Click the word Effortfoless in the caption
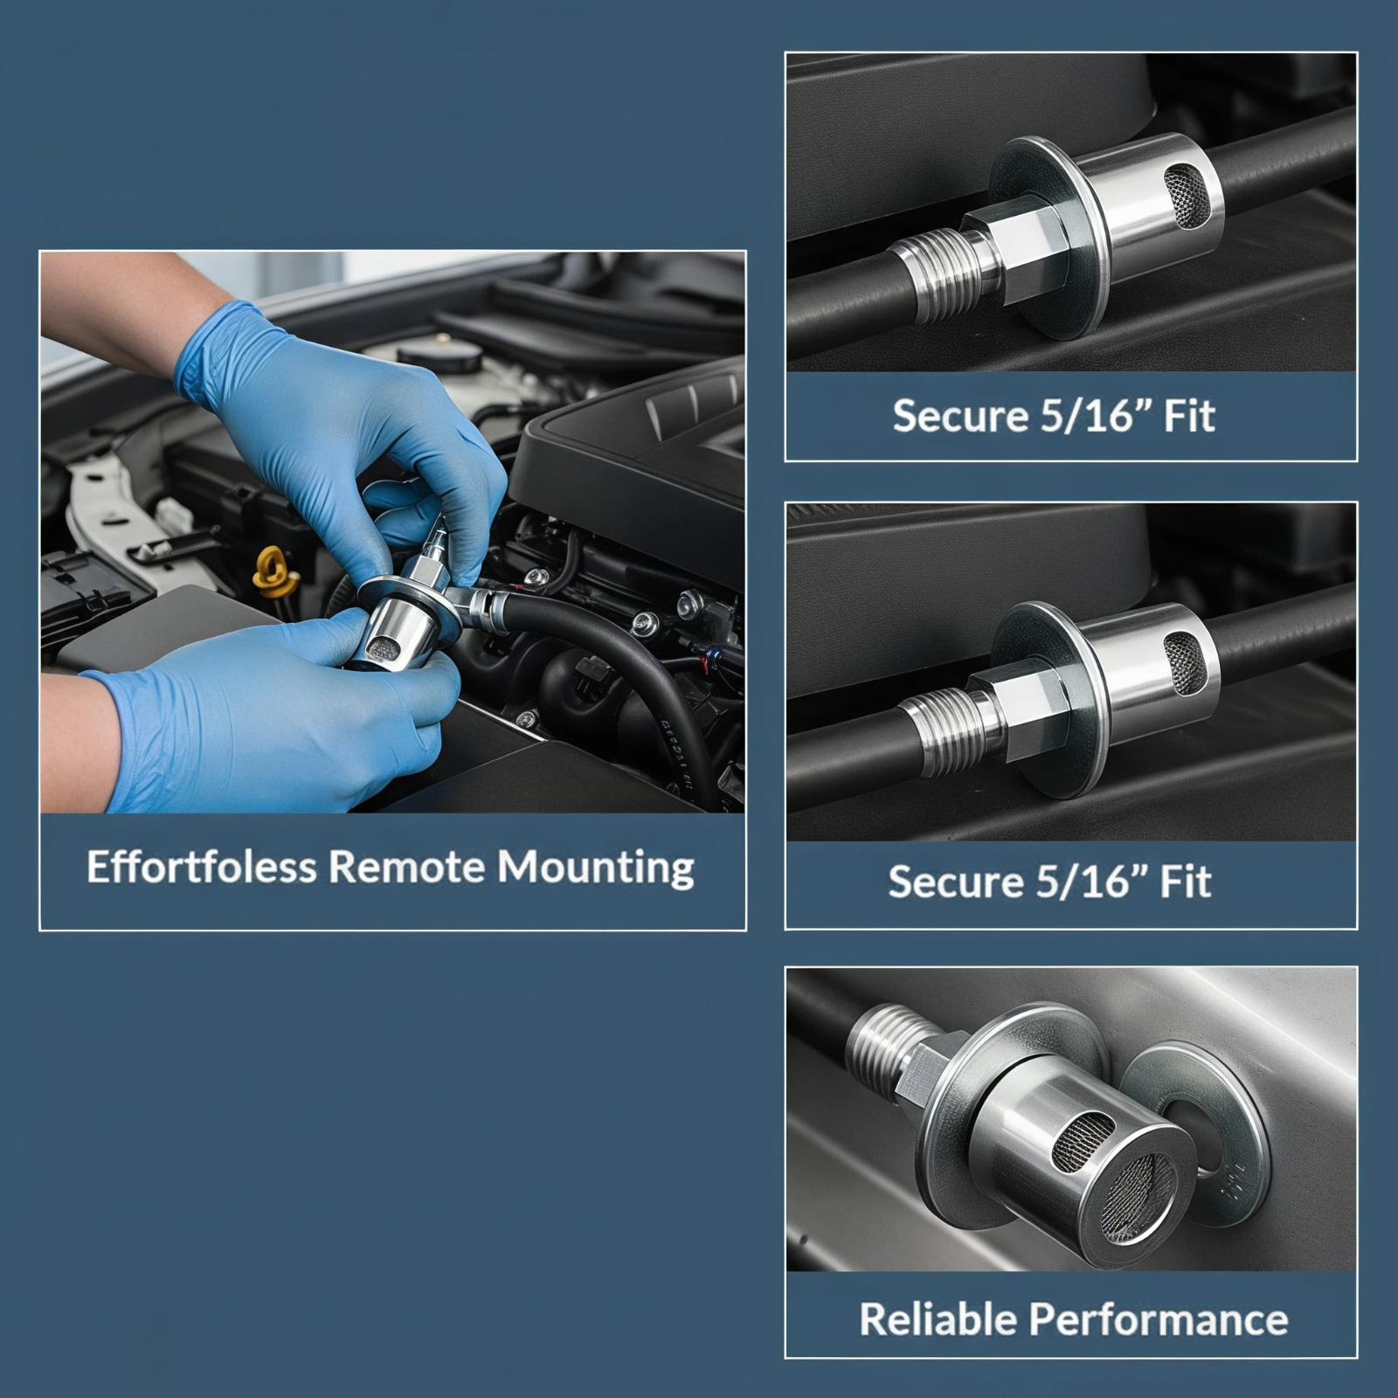[201, 867]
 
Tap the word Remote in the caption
[406, 867]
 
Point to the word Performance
[1158, 1319]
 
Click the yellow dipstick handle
[271, 568]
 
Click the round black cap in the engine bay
[439, 356]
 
